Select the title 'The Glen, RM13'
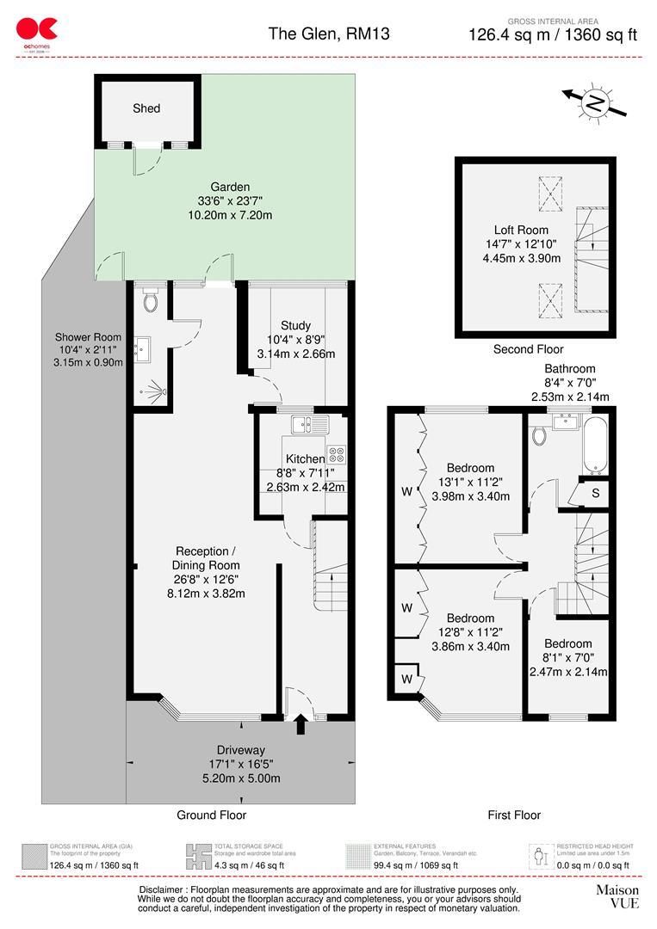pos(317,34)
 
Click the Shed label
pos(146,108)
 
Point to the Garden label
pos(230,187)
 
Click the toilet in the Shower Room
pos(152,301)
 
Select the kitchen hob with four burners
pos(336,453)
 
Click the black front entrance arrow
pos(301,724)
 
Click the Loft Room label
pos(521,230)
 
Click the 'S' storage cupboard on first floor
pos(595,492)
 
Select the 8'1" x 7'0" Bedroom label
pos(567,643)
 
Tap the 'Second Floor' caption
pos(528,349)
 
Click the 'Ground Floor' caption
pos(211,815)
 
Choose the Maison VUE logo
pos(617,896)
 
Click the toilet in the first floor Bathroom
pos(540,435)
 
